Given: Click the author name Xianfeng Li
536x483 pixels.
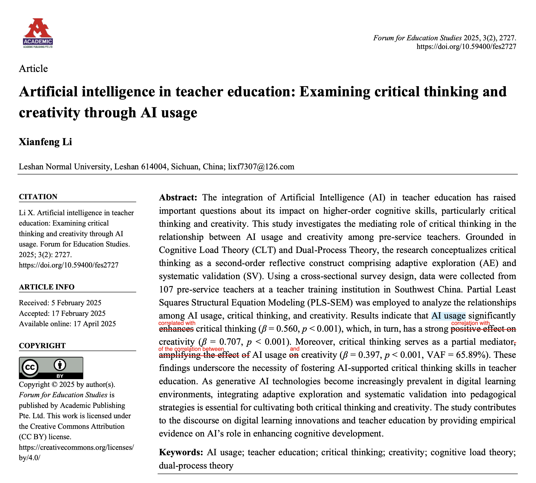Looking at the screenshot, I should click(x=45, y=142).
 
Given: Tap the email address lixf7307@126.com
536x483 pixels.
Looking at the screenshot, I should click(x=261, y=167).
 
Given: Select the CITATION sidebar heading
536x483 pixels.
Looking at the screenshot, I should click(x=38, y=197).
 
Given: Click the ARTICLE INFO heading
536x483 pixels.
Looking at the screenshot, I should click(x=46, y=287).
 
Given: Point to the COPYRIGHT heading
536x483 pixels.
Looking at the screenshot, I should click(x=42, y=346).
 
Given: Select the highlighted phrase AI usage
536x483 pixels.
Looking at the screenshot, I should click(x=448, y=316).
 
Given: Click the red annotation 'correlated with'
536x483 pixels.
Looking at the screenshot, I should click(x=176, y=323).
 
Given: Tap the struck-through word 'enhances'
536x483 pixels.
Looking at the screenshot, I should click(x=176, y=329).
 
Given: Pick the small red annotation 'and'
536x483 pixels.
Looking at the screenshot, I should click(x=294, y=349).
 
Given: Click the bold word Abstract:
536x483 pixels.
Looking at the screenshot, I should click(x=178, y=198).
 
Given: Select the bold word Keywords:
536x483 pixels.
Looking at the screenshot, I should click(x=181, y=452).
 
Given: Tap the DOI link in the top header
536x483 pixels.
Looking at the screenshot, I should click(x=466, y=47).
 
